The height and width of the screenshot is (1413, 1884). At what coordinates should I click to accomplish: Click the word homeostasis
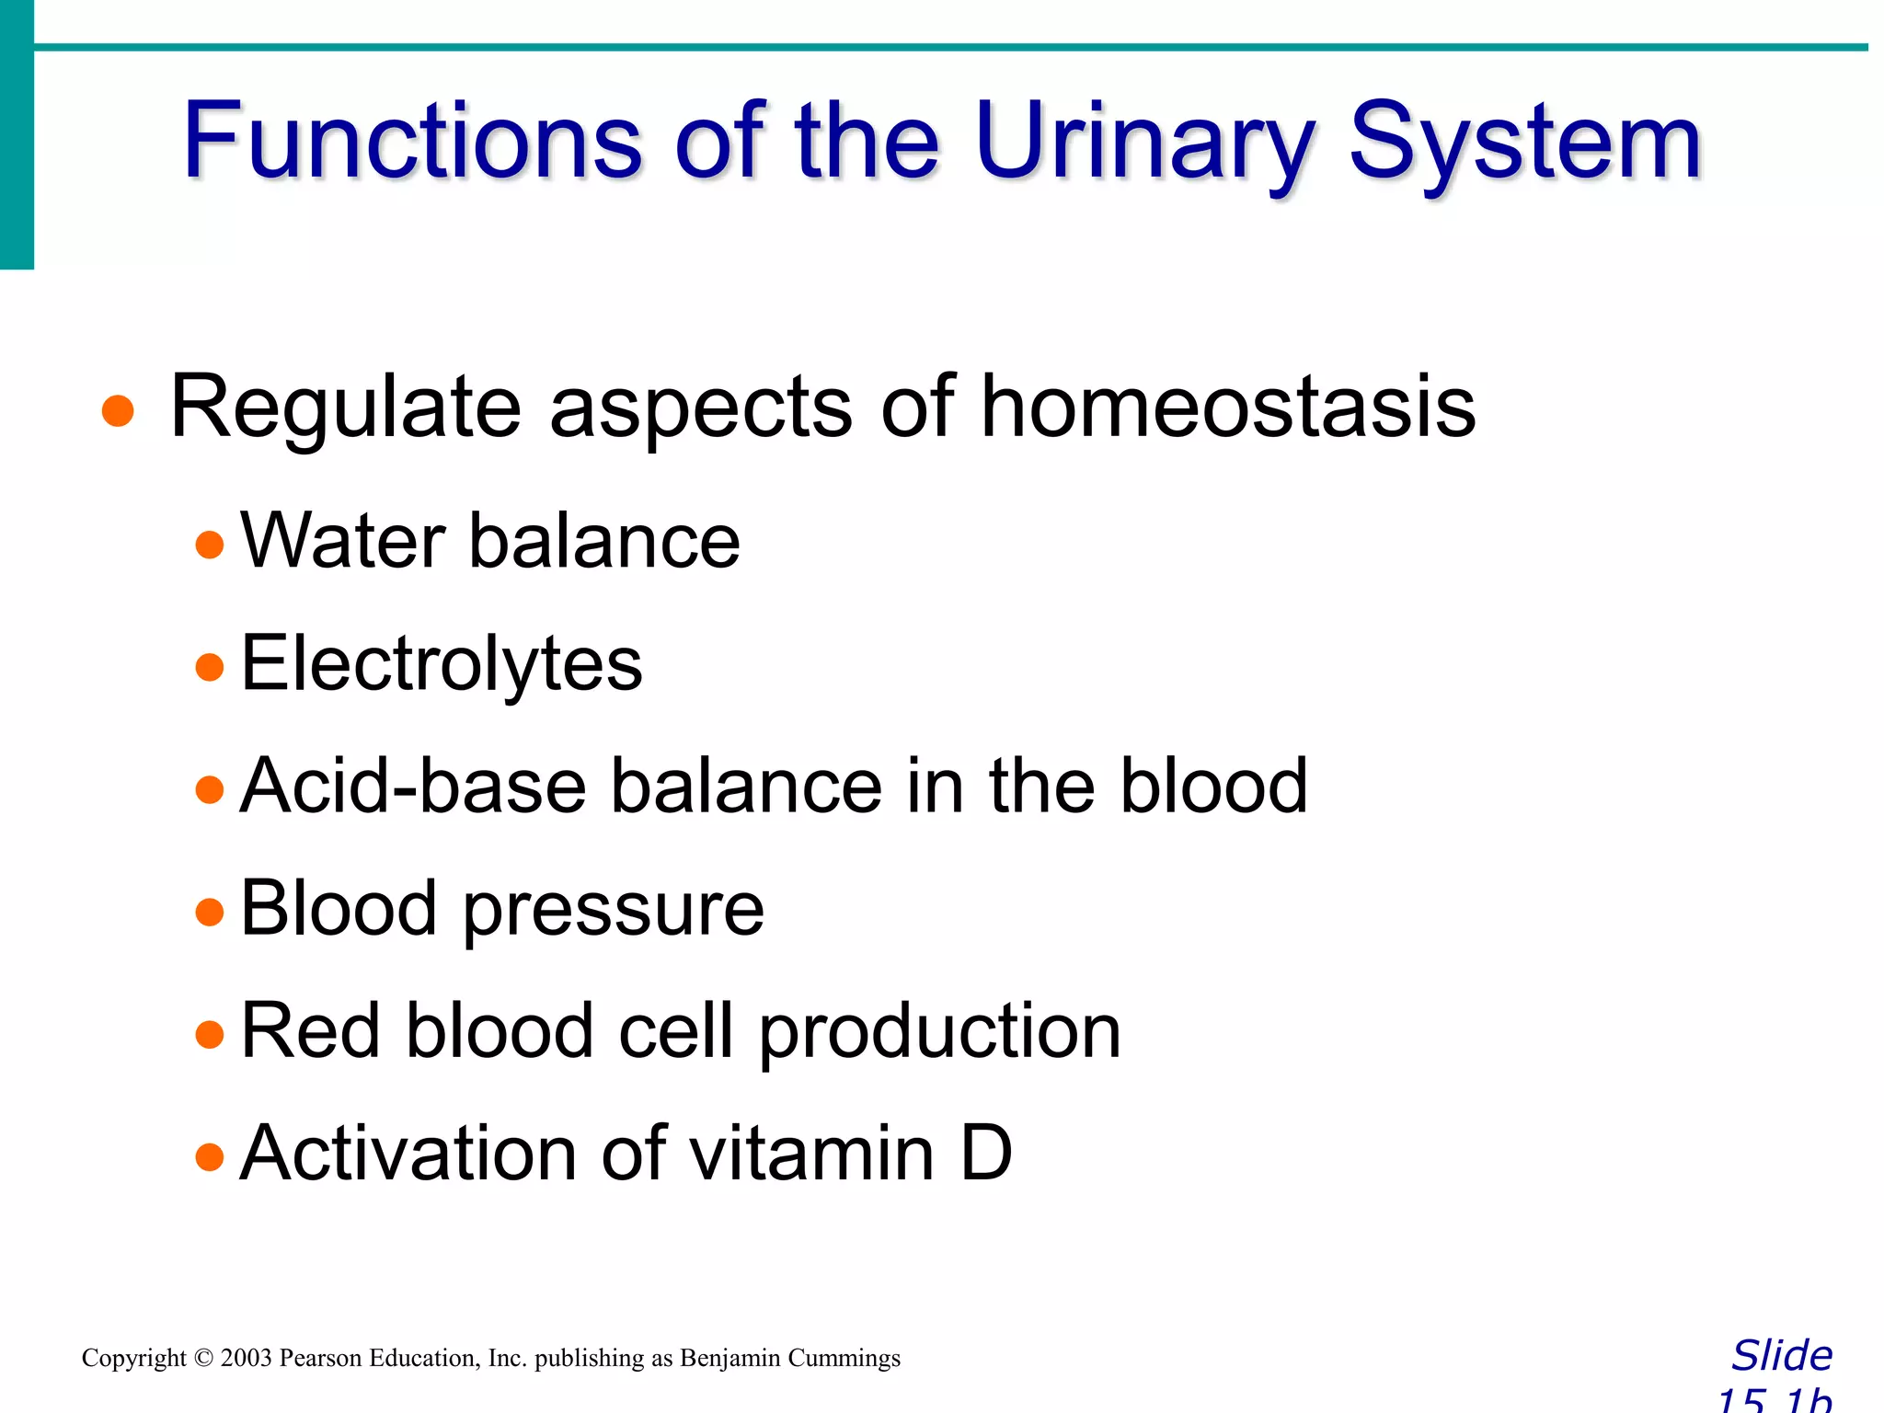point(1228,407)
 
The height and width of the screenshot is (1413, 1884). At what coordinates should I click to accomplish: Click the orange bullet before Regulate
point(118,411)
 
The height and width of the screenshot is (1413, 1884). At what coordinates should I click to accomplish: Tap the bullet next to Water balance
point(210,545)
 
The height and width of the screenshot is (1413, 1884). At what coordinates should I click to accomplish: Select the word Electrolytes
point(442,664)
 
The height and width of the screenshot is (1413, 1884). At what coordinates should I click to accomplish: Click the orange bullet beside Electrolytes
point(210,667)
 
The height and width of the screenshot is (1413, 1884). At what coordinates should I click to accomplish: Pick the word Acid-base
point(413,787)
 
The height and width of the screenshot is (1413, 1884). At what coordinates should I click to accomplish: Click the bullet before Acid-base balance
point(210,789)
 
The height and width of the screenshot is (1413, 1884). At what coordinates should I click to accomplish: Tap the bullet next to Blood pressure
point(210,912)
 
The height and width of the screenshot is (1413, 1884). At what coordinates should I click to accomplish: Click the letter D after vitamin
point(986,1154)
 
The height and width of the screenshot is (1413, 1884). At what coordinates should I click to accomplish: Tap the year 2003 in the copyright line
point(246,1359)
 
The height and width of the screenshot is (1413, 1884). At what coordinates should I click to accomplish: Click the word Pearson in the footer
point(320,1359)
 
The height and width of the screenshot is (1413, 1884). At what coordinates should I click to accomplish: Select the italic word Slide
point(1782,1356)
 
